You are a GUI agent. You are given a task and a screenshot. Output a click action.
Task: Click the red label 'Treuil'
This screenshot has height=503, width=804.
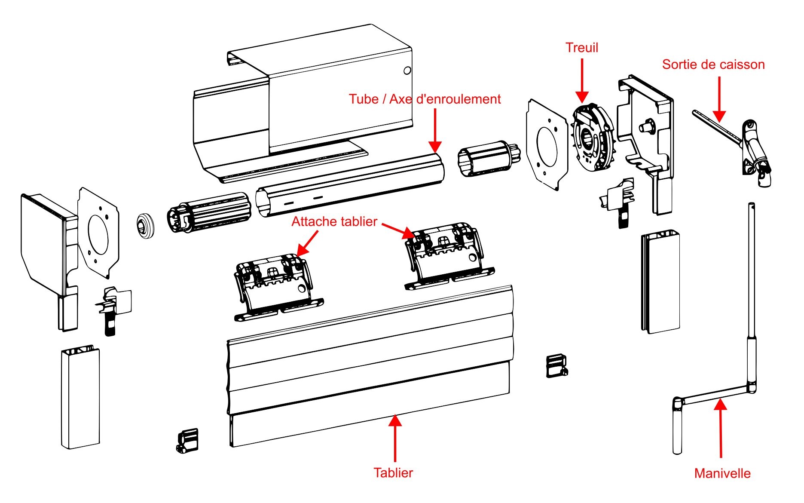[x=581, y=48]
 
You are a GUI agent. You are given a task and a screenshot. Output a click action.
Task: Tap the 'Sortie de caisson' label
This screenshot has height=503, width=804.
[x=713, y=64]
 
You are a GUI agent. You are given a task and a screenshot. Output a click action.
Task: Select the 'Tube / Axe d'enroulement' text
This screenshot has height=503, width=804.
[x=425, y=99]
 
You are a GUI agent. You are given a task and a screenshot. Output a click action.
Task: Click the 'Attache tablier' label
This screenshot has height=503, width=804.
[x=334, y=222]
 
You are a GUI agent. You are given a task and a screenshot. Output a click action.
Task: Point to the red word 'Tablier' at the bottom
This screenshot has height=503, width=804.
[x=393, y=473]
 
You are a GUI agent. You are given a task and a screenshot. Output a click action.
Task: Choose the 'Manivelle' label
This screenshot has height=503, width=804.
[x=722, y=473]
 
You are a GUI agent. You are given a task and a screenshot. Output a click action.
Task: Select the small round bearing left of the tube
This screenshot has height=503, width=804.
[x=146, y=225]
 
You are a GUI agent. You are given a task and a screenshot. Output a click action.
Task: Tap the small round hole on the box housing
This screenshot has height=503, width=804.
[x=407, y=70]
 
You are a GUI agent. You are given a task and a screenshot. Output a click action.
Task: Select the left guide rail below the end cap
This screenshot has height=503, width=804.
[x=80, y=398]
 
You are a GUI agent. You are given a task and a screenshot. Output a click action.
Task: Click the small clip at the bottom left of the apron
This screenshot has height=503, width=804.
[x=188, y=440]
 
